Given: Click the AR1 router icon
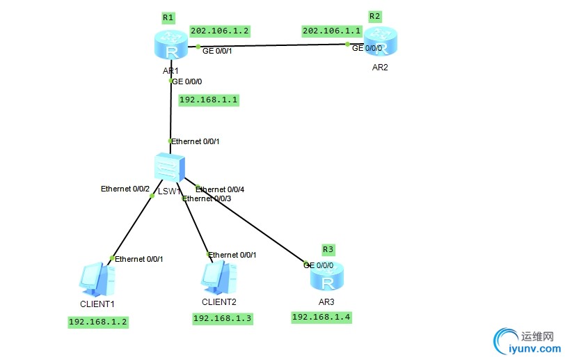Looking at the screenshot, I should [x=169, y=48].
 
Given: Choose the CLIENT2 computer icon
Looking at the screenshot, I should [x=218, y=279].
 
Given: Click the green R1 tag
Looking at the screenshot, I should [x=168, y=17].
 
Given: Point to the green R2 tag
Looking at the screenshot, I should [x=375, y=16].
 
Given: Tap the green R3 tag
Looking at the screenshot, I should [x=328, y=249].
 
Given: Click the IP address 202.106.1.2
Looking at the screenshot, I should [x=219, y=31].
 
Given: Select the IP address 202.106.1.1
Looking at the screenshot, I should [x=331, y=31].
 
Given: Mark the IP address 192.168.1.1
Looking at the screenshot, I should [x=209, y=100].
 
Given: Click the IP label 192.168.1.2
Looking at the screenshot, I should [x=97, y=322].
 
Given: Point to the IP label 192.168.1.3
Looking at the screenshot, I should [x=222, y=318].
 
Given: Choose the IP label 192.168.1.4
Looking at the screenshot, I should [x=321, y=317].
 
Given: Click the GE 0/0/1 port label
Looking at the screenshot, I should [x=218, y=50].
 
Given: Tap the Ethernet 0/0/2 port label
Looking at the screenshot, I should [x=125, y=189].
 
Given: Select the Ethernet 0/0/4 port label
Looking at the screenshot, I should [x=221, y=189].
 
